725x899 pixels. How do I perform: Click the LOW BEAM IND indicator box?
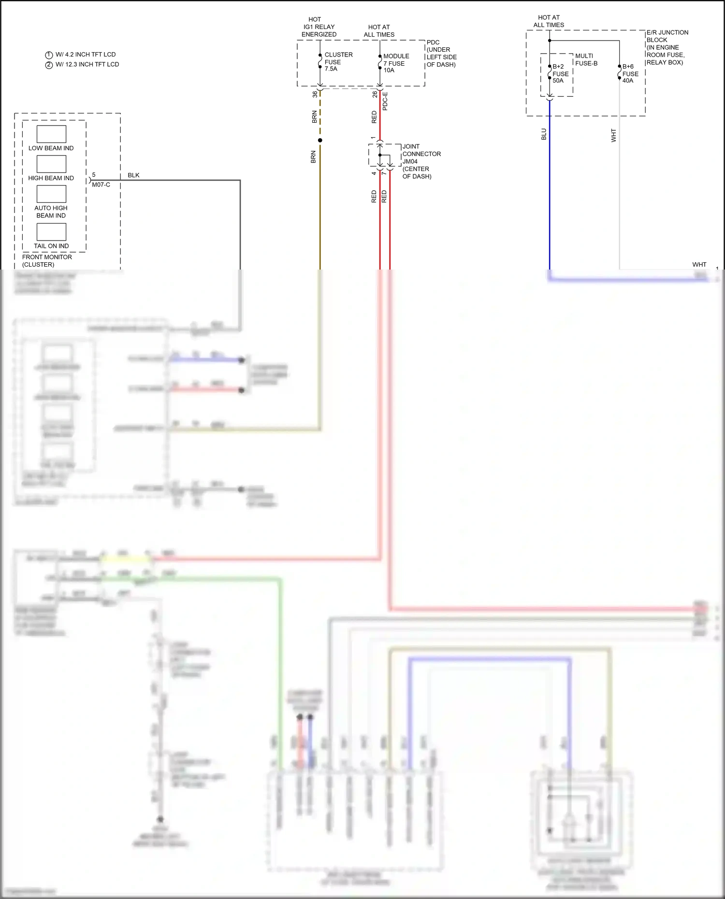pos(51,134)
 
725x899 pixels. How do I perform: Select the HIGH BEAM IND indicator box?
pos(51,164)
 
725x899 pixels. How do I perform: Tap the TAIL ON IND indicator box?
pos(51,232)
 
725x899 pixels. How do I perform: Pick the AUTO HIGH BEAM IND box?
pos(51,194)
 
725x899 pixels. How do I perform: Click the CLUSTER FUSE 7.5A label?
pos(338,62)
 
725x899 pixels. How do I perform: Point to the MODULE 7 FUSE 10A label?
pos(396,63)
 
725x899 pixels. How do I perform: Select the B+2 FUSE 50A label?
pos(560,73)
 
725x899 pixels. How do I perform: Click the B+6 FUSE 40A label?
pos(630,73)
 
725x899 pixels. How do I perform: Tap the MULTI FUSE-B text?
pos(586,59)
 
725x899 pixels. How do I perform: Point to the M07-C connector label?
pos(101,185)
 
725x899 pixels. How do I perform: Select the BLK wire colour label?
pos(133,175)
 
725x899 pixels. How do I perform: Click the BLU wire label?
pos(544,134)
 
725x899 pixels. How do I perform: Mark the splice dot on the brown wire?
pos(320,140)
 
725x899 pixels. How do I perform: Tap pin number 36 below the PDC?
pos(315,94)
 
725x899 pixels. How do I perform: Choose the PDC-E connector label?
pos(385,101)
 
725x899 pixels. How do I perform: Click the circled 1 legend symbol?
pos(49,55)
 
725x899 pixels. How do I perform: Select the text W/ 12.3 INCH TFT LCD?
pos(87,64)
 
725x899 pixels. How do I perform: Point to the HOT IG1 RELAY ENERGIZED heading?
pos(319,27)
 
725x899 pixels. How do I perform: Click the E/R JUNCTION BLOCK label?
pos(667,47)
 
